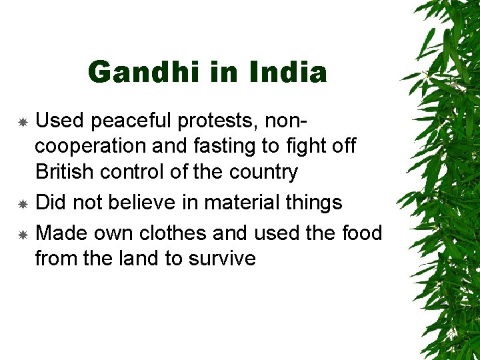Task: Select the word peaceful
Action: [x=134, y=121]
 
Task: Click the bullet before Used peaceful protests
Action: [x=22, y=123]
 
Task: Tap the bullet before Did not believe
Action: [x=22, y=203]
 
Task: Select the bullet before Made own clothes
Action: [x=22, y=234]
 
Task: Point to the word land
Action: [x=136, y=258]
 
